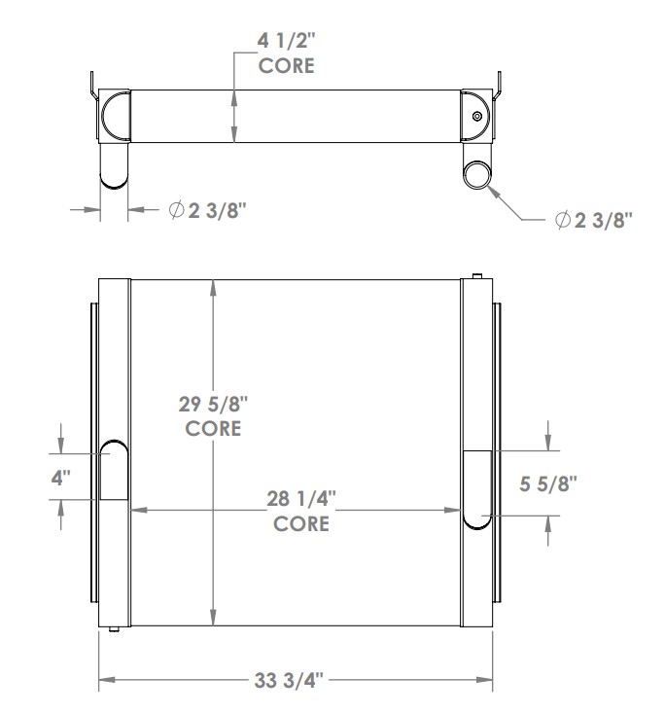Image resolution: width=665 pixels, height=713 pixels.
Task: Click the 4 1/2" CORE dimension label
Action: tap(288, 54)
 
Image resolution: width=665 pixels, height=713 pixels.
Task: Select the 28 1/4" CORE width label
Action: tap(301, 511)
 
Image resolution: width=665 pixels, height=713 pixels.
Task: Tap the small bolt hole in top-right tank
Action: tap(476, 118)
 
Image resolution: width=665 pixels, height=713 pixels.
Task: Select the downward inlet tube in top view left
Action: tap(114, 164)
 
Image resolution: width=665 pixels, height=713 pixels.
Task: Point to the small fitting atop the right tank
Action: tap(476, 276)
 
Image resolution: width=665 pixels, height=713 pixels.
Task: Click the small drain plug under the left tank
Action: tap(115, 631)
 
